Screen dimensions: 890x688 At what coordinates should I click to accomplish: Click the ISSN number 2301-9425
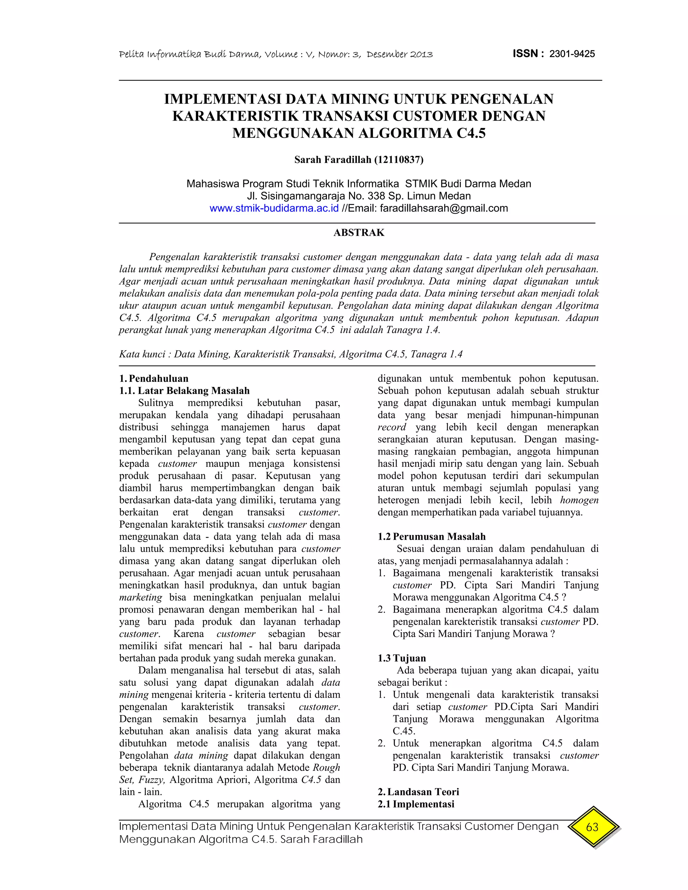(572, 54)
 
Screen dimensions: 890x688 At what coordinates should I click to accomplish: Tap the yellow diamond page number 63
(592, 827)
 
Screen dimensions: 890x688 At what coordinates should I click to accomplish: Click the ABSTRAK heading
(359, 233)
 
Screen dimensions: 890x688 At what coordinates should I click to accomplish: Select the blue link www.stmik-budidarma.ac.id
(274, 208)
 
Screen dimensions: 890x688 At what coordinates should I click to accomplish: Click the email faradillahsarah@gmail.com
(443, 208)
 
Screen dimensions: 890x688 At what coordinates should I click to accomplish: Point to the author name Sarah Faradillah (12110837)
(359, 160)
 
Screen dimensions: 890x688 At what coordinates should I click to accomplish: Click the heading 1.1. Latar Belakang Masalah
(184, 391)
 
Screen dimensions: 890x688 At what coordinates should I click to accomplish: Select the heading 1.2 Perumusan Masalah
(432, 537)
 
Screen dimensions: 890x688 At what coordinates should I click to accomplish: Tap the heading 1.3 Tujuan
(402, 658)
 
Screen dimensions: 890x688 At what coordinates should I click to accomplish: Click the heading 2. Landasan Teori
(419, 792)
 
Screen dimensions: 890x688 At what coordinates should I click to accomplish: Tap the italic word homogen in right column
(579, 500)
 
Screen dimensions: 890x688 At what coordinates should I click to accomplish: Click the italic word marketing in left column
(141, 597)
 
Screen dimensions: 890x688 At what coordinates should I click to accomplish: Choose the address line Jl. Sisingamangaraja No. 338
(359, 196)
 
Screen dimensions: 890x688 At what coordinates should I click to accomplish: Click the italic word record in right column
(391, 427)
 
